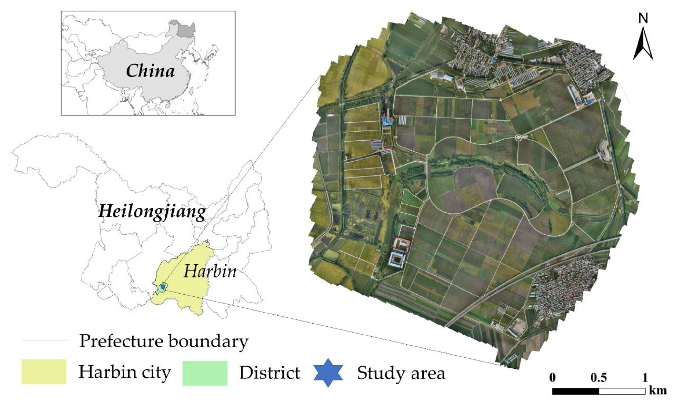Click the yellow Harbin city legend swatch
point(44,372)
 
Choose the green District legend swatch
point(205,373)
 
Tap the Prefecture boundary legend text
point(164,341)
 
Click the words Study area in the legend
point(401,373)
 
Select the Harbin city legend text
point(124,372)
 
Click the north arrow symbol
point(643,45)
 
